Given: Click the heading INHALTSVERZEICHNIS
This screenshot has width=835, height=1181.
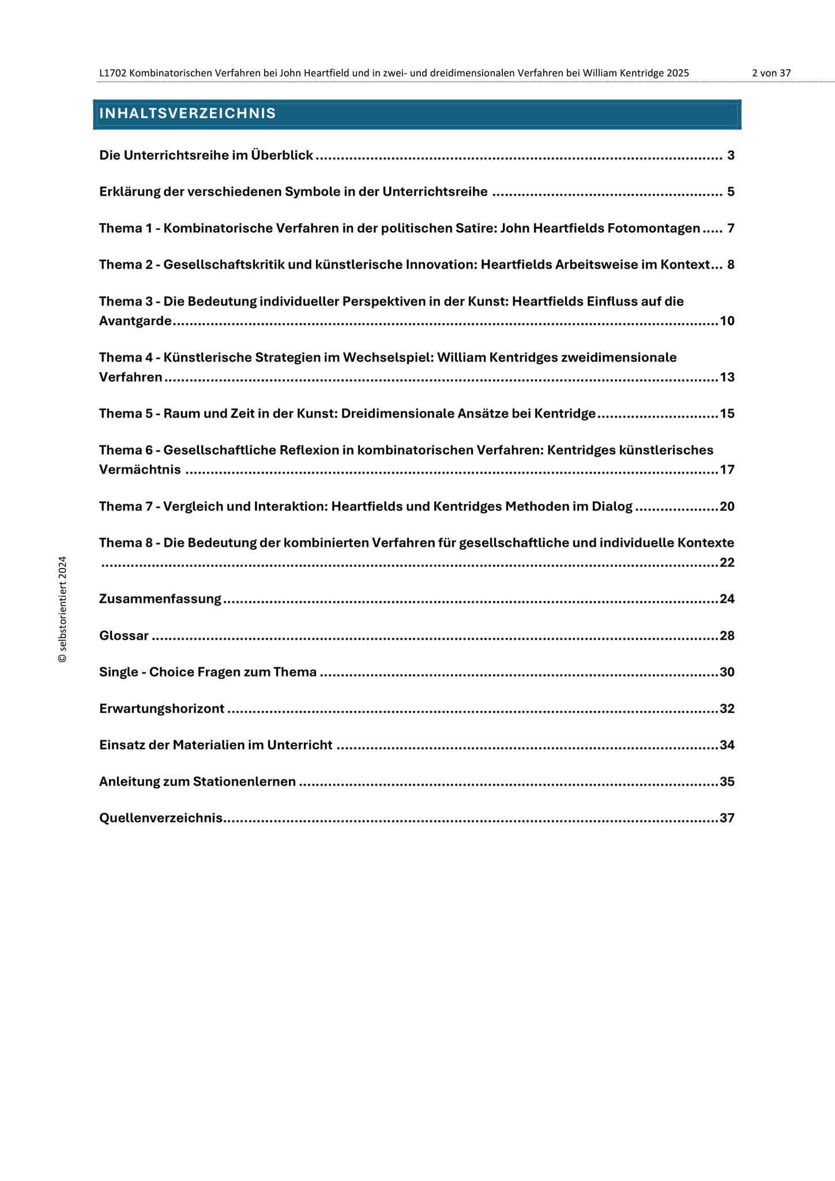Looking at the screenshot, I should point(187,114).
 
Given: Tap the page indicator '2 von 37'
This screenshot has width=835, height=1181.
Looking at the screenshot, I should point(771,73).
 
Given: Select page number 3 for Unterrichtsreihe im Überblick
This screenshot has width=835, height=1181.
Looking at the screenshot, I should point(731,156).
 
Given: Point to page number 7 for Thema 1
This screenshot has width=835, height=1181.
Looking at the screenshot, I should point(731,229).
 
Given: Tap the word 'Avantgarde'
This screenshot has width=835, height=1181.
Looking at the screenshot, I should point(136,321).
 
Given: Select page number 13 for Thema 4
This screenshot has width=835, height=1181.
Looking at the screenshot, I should point(727,378).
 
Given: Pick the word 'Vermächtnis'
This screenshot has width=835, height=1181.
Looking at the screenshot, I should point(140,470).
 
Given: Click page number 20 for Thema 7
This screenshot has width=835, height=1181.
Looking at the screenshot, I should point(727,507).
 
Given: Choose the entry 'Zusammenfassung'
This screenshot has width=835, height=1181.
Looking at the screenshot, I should point(160,599).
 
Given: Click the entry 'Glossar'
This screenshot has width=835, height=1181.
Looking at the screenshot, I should point(124,636).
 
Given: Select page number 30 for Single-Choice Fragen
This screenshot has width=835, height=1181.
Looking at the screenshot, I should point(727,672).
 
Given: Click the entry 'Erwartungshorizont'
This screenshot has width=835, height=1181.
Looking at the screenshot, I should point(161,709).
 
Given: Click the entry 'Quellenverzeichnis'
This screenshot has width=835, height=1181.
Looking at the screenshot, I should point(161,818).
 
